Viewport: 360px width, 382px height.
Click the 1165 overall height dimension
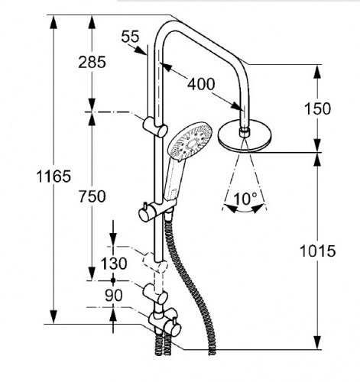click(54, 176)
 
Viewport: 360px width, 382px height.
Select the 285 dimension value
click(92, 62)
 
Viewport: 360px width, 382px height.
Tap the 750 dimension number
click(92, 196)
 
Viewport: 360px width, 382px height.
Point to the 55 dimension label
click(131, 36)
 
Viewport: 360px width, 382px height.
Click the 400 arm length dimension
click(201, 84)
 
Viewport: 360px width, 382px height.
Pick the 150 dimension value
click(317, 108)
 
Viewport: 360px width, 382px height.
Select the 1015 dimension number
click(317, 251)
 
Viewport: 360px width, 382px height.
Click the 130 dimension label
click(114, 264)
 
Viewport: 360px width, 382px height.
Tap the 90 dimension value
click(114, 296)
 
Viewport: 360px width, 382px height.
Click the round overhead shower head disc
click(245, 138)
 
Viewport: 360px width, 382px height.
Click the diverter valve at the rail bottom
click(165, 322)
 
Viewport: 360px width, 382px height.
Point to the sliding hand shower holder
click(157, 210)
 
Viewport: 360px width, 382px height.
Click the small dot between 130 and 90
click(113, 280)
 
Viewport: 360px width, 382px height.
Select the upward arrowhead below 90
click(113, 315)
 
